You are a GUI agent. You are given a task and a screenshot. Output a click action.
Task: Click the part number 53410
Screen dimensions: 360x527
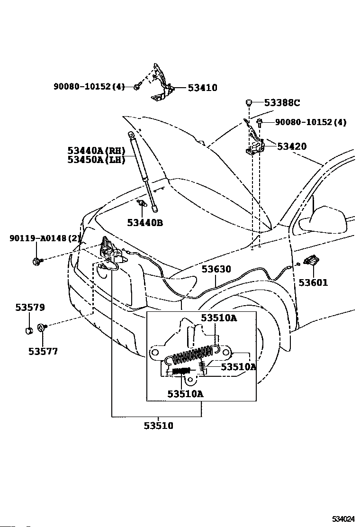point(203,88)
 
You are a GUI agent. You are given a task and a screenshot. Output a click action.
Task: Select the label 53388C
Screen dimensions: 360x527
point(282,102)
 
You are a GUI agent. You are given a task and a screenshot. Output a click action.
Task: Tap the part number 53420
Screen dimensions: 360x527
point(292,146)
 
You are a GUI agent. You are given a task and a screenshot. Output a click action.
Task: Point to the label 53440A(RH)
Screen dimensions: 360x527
point(96,150)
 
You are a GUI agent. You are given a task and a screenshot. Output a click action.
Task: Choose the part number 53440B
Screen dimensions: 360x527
point(145,222)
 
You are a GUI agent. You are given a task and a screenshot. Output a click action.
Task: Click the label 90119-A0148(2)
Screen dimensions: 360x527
point(45,238)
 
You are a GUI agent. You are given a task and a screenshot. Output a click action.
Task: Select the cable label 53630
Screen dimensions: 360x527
point(216,269)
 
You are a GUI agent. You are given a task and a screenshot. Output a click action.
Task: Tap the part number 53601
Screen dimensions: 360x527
point(313,282)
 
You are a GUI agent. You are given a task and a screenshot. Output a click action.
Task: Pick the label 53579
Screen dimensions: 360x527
point(30,307)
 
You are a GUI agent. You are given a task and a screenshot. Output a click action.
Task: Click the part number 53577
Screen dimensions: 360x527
point(43,351)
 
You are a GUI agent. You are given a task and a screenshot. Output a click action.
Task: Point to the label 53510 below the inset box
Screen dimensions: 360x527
point(159,426)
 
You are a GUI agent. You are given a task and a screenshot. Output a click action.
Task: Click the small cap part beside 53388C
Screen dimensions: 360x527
point(249,102)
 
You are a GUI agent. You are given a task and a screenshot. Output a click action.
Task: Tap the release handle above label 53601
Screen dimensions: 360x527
point(311,260)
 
